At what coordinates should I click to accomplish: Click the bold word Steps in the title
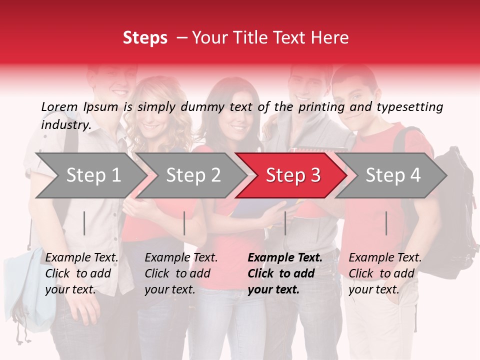point(145,38)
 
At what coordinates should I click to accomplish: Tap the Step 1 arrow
point(90,175)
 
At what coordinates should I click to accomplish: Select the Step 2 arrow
point(192,175)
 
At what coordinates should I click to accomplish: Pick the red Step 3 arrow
point(293,175)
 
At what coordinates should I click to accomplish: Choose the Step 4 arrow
point(393,175)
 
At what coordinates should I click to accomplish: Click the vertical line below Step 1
point(84,223)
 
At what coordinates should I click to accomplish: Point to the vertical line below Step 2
point(184,223)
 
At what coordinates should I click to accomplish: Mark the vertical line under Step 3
point(285,223)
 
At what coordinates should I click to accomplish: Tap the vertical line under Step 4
point(386,223)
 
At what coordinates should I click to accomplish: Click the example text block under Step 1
point(81,273)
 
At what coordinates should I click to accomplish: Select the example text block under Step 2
point(181,273)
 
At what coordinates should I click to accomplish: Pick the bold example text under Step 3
point(285,273)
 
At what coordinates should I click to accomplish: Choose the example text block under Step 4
point(385,273)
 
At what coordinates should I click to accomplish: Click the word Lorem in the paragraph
point(59,107)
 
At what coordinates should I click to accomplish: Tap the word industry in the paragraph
point(66,125)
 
